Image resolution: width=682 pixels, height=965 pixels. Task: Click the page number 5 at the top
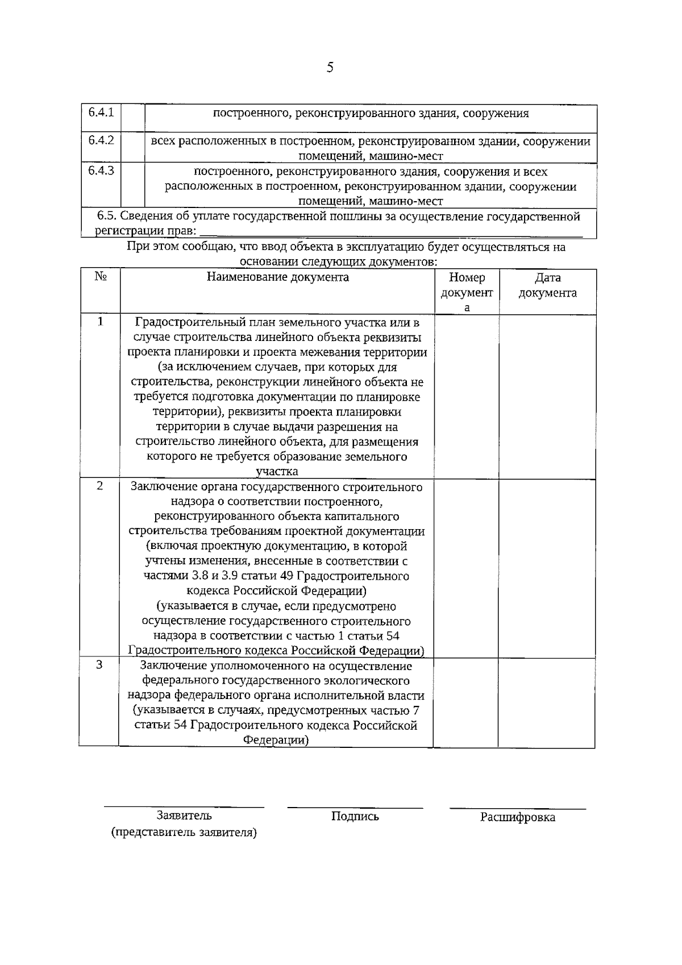coord(330,68)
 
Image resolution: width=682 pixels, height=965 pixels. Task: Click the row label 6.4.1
coord(101,112)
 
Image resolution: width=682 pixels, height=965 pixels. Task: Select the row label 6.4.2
coord(101,140)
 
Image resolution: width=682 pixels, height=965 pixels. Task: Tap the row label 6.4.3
coord(101,170)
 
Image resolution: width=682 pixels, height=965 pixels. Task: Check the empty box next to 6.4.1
coord(133,118)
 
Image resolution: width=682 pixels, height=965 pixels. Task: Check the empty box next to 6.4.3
coord(133,185)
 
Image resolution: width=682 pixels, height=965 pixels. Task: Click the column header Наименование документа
coord(277,277)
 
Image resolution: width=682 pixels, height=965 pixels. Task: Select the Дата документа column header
coord(547,285)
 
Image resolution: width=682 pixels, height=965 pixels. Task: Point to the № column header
coord(101,277)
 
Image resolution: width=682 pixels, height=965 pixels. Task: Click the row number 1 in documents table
coord(101,322)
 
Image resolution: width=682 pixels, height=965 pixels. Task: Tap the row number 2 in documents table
coord(100,486)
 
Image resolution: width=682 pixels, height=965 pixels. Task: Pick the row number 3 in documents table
coord(99,665)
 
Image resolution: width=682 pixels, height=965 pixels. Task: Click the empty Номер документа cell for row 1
coord(467,396)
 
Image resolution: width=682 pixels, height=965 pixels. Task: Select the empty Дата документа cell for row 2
coord(547,568)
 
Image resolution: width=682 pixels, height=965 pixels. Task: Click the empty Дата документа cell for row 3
coord(547,702)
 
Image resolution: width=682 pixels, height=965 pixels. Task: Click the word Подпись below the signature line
coord(355,817)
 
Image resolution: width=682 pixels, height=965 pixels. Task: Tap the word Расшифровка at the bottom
coord(517,817)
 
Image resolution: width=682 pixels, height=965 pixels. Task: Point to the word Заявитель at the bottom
coord(184,816)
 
